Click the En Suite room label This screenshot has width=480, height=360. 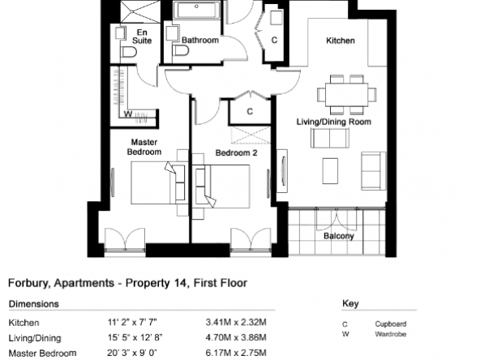[142, 36]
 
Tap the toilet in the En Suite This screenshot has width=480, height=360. [129, 52]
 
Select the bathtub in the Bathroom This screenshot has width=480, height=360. [196, 10]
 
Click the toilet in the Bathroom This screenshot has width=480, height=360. [181, 50]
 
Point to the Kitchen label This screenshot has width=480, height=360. [341, 41]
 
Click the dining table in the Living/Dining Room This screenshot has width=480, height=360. [346, 94]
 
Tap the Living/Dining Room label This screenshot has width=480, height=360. [334, 122]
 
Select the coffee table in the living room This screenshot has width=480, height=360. [330, 171]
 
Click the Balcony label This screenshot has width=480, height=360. [339, 236]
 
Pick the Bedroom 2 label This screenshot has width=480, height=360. [236, 152]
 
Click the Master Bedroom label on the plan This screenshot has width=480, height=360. [144, 147]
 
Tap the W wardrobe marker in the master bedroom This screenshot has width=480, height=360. [128, 114]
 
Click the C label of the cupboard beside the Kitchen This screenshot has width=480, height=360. [274, 40]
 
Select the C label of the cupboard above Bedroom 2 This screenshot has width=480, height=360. [250, 111]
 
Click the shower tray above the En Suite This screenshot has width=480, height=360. [140, 11]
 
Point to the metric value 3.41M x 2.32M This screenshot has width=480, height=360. [236, 322]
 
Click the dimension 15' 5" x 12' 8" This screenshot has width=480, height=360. [135, 337]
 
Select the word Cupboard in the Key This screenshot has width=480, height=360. [391, 324]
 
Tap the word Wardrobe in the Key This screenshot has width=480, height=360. [391, 334]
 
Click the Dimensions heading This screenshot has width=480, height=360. [34, 304]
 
